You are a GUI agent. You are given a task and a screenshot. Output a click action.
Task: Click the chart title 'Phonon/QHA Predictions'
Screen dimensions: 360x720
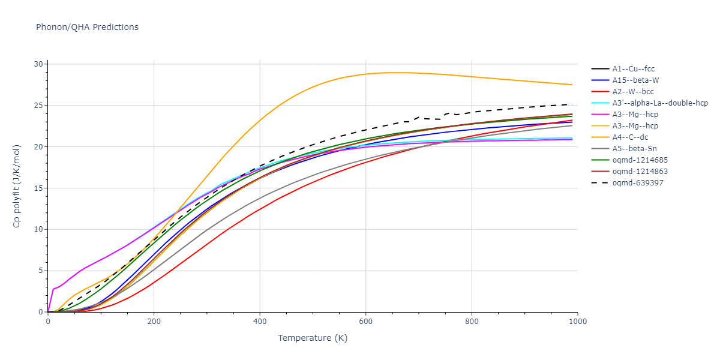[87, 27]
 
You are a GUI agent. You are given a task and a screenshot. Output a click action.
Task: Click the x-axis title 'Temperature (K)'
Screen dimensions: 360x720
[312, 338]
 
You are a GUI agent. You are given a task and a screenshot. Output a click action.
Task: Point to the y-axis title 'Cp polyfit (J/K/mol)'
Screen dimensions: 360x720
[17, 188]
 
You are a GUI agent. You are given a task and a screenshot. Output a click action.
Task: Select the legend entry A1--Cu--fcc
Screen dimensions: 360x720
[633, 69]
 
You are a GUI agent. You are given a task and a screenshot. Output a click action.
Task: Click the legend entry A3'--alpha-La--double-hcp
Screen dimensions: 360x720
[660, 103]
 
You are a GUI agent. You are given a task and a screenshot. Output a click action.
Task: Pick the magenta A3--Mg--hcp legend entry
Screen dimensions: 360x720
[634, 115]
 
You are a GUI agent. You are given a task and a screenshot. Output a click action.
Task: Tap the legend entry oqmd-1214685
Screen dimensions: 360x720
[637, 160]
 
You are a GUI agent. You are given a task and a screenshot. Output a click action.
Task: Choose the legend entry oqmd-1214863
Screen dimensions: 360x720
[637, 172]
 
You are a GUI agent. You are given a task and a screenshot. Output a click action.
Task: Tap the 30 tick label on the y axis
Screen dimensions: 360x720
[38, 64]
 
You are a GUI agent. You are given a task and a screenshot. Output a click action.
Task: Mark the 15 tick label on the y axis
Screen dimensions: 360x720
[38, 188]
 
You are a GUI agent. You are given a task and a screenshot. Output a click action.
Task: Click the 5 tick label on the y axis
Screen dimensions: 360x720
[41, 271]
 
